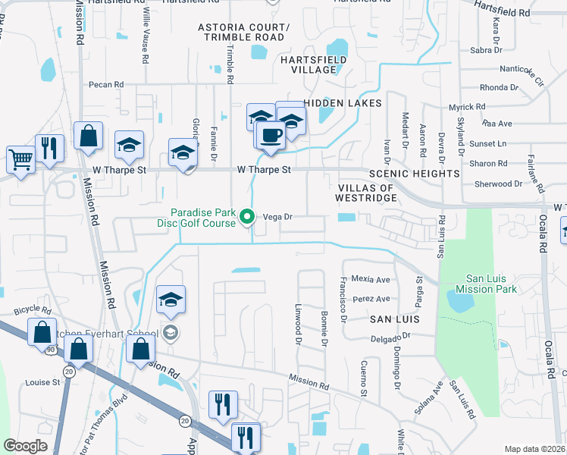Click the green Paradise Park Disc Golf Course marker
(246, 218)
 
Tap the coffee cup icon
(271, 135)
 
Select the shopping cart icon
(20, 159)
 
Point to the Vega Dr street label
(277, 216)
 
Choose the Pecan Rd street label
(105, 85)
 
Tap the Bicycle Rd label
(33, 311)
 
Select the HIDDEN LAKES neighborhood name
(343, 102)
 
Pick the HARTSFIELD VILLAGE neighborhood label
(314, 64)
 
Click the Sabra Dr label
(486, 51)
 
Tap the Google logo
(26, 446)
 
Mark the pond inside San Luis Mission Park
(460, 303)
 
